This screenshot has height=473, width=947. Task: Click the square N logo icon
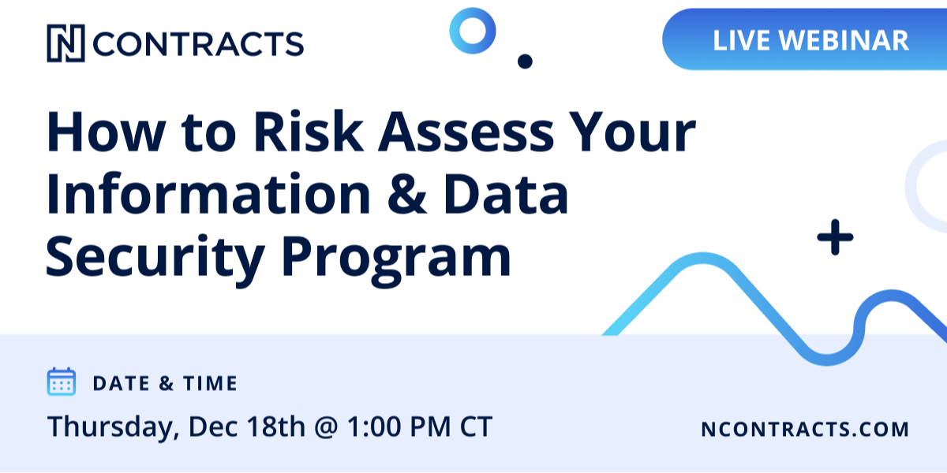coord(66,43)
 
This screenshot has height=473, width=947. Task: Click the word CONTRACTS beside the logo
coord(198,44)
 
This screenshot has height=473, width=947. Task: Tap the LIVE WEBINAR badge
coord(804,39)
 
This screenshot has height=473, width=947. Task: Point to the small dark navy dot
coord(525,61)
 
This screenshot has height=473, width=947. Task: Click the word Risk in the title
coord(309,132)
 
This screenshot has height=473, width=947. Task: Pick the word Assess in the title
coord(466,132)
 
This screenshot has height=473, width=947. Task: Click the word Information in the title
coord(208,194)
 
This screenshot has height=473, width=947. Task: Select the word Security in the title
coord(155,258)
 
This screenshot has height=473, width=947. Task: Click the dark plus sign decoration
coord(835,237)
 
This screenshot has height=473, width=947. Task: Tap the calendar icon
coord(62,382)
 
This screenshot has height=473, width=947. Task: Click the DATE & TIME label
coord(165,383)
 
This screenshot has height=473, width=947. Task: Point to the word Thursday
coord(114,427)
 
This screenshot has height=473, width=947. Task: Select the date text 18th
coord(275,426)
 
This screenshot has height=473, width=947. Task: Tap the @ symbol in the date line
coord(326,427)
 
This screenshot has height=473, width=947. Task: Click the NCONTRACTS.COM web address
coord(805,429)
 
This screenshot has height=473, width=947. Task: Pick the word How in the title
coord(106,132)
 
